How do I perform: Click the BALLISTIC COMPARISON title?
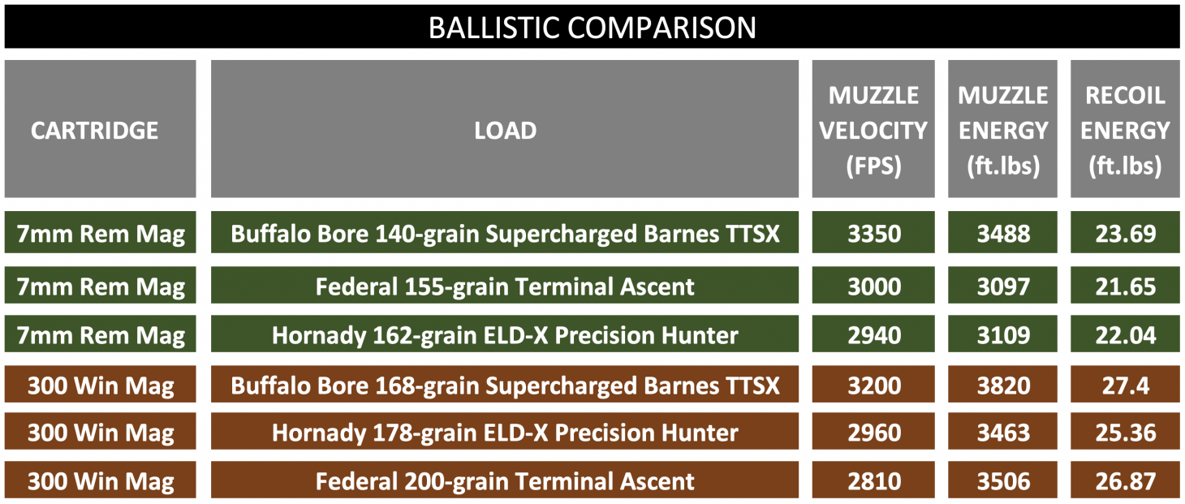pyautogui.click(x=592, y=28)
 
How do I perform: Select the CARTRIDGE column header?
pyautogui.click(x=95, y=130)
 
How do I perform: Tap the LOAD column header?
pyautogui.click(x=505, y=130)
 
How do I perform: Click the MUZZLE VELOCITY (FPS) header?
pyautogui.click(x=873, y=130)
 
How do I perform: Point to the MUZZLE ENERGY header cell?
pyautogui.click(x=1003, y=130)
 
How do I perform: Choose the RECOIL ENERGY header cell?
pyautogui.click(x=1125, y=130)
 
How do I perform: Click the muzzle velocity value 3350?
pyautogui.click(x=873, y=234)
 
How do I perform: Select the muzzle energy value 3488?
pyautogui.click(x=1003, y=234)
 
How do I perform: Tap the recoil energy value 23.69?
pyautogui.click(x=1125, y=234)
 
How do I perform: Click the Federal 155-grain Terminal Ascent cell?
pyautogui.click(x=505, y=286)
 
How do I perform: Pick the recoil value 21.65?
pyautogui.click(x=1125, y=286)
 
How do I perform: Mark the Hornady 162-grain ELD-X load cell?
pyautogui.click(x=505, y=335)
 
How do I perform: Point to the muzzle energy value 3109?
pyautogui.click(x=1003, y=335)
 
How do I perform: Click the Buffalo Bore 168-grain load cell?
pyautogui.click(x=505, y=385)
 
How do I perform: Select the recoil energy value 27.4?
pyautogui.click(x=1125, y=385)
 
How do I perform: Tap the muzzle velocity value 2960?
pyautogui.click(x=873, y=433)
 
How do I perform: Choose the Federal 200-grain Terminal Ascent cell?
pyautogui.click(x=505, y=481)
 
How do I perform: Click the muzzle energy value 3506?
pyautogui.click(x=1003, y=481)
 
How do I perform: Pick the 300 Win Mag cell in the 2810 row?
pyautogui.click(x=101, y=481)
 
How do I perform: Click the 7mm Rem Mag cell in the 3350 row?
pyautogui.click(x=101, y=234)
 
